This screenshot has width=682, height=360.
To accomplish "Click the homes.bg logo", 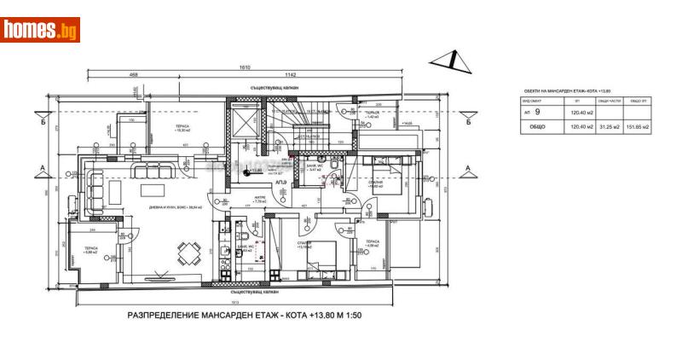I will tap(41, 30).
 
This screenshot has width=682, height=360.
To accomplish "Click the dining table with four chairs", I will tap(189, 251).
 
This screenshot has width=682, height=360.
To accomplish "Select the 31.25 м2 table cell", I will tap(604, 126).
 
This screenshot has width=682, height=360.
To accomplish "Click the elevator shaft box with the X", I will tap(244, 125).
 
